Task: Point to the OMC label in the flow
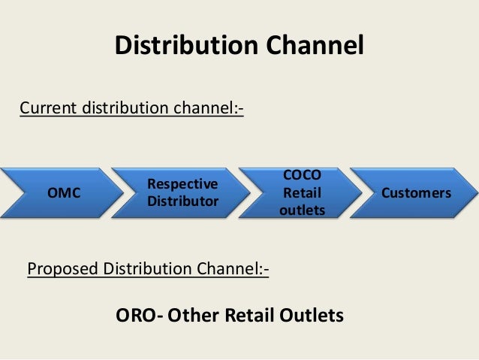64,193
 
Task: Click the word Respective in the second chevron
182,184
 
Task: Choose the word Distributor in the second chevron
182,201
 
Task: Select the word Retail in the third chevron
302,193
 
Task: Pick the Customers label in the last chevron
417,193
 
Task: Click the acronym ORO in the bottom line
133,314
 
